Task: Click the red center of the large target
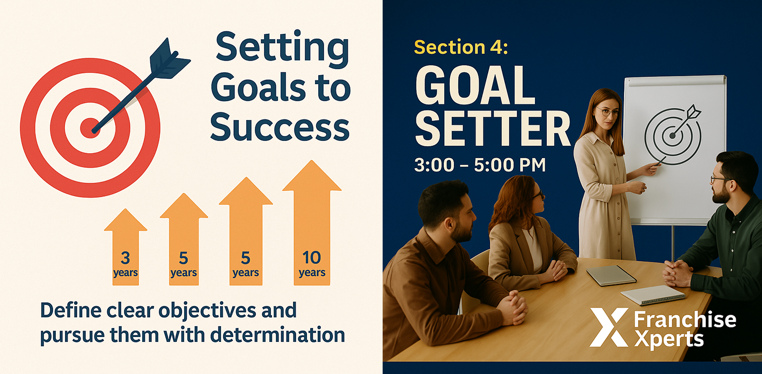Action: pyautogui.click(x=90, y=128)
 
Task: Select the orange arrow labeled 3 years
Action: pyautogui.click(x=126, y=247)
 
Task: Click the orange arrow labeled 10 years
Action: pyautogui.click(x=312, y=223)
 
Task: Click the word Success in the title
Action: pyautogui.click(x=280, y=128)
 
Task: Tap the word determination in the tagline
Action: pyautogui.click(x=278, y=334)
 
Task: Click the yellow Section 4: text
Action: pyautogui.click(x=461, y=47)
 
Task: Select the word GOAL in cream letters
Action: pyautogui.click(x=475, y=85)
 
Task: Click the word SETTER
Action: pyautogui.click(x=493, y=129)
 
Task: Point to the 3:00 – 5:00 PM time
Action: pyautogui.click(x=480, y=165)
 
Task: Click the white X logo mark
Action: pyautogui.click(x=609, y=327)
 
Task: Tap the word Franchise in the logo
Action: pyautogui.click(x=685, y=320)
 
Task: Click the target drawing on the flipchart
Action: pyautogui.click(x=673, y=135)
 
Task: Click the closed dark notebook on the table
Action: pyautogui.click(x=611, y=275)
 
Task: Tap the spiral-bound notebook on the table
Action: pyautogui.click(x=653, y=295)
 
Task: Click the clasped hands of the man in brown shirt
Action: pyautogui.click(x=514, y=308)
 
